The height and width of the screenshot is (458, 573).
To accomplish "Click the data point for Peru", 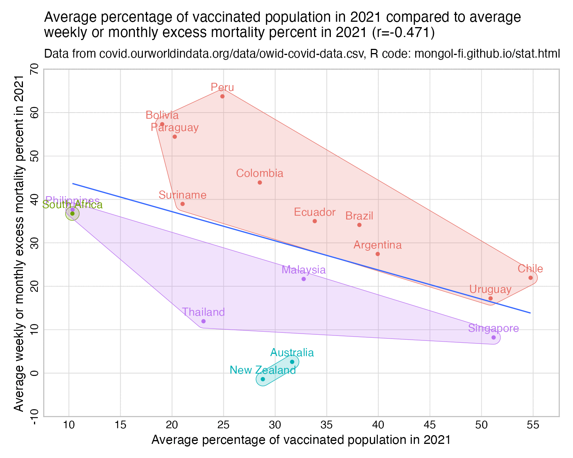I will pos(222,96).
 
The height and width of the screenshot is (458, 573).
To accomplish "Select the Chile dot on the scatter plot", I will pos(530,278).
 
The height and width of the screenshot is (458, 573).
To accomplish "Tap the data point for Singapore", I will pos(493,337).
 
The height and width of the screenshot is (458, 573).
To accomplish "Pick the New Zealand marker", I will pos(263,379).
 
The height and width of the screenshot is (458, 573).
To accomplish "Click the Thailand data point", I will pos(203,321).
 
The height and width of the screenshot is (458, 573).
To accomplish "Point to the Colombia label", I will pos(260,173).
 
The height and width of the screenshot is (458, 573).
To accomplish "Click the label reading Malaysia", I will pos(304,270).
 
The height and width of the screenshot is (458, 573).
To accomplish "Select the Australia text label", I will pos(292,353).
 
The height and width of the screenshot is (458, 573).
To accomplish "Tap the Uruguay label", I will pos(490,289).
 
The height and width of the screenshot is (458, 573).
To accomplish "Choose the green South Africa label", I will pos(73,205).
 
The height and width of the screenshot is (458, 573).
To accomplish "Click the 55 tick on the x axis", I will pos(533,425).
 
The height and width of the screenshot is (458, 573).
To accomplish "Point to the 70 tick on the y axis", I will pos(35,69).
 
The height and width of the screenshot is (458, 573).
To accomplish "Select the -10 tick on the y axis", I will pos(35,416).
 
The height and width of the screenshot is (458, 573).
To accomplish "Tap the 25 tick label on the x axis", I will pos(223,425).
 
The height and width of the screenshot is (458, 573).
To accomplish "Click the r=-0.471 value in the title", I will pos(403,33).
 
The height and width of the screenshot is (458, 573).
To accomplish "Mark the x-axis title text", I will pos(301,440).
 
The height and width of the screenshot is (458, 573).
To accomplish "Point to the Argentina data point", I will pos(378,254).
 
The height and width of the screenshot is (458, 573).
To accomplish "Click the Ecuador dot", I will pos(314,221).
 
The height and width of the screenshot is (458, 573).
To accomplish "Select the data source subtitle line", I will pos(302,54).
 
